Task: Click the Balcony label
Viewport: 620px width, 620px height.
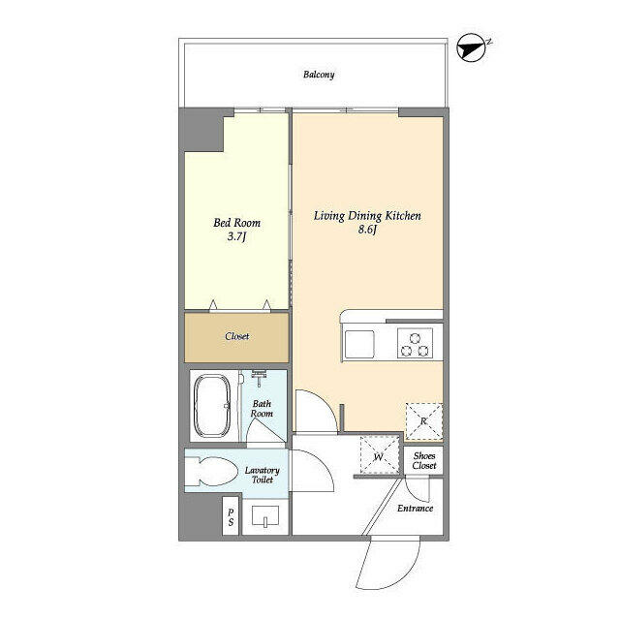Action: click(x=319, y=75)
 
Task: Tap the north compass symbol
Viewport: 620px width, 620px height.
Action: click(x=471, y=48)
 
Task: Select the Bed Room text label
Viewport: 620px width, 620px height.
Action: click(x=236, y=223)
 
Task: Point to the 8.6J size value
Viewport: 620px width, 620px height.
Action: click(x=367, y=230)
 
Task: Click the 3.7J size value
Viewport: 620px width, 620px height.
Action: click(x=236, y=236)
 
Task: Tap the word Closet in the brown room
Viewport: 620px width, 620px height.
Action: click(x=236, y=336)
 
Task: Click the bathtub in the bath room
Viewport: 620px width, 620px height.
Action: click(x=212, y=406)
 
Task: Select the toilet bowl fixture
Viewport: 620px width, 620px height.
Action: click(x=211, y=471)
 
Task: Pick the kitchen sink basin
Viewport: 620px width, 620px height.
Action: click(x=359, y=344)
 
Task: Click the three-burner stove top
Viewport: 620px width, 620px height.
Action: click(x=415, y=343)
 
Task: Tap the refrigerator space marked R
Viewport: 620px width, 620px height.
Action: click(x=424, y=421)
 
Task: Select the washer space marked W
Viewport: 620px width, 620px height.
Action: click(x=380, y=456)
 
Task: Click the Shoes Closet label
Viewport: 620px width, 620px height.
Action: click(x=424, y=461)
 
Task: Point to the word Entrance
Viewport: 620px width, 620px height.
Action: click(x=416, y=508)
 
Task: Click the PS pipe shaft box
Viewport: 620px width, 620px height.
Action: click(x=231, y=516)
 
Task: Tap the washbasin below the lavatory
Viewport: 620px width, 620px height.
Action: click(x=264, y=516)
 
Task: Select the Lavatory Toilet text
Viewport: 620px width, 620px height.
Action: click(x=262, y=475)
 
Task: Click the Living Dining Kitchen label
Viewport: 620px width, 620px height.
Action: click(x=367, y=215)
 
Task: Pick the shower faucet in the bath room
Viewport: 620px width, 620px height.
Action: click(x=259, y=378)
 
